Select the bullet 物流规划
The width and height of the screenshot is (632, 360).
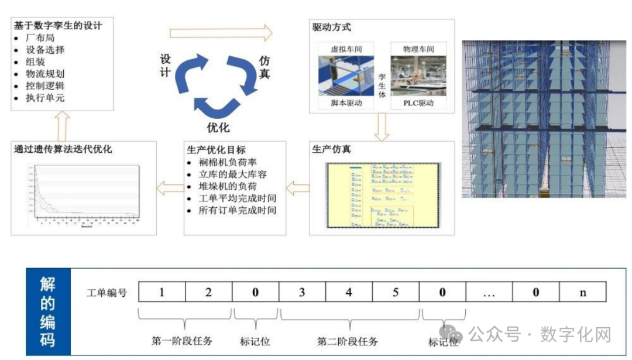pyautogui.click(x=44, y=74)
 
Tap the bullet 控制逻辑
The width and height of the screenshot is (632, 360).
pyautogui.click(x=44, y=85)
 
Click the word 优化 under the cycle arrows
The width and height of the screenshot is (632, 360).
pyautogui.click(x=218, y=127)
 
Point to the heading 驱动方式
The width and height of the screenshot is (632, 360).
pyautogui.click(x=332, y=27)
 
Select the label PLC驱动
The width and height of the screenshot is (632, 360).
pyautogui.click(x=418, y=103)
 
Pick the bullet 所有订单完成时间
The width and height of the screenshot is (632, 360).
pyautogui.click(x=237, y=210)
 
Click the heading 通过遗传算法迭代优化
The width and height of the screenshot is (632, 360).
pyautogui.click(x=63, y=149)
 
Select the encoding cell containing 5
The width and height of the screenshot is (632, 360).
pyautogui.click(x=396, y=292)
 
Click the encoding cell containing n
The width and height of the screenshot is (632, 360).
pyautogui.click(x=583, y=292)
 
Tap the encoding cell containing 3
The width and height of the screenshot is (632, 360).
pyautogui.click(x=302, y=292)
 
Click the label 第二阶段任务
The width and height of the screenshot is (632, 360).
pyautogui.click(x=348, y=341)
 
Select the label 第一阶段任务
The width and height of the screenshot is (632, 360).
pyautogui.click(x=182, y=341)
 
